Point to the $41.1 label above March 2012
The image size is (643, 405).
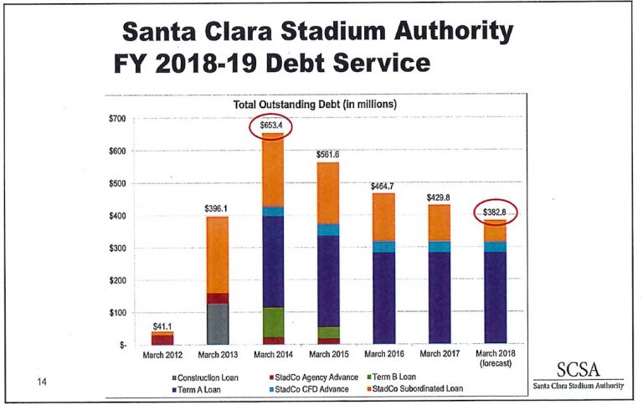tap(162, 325)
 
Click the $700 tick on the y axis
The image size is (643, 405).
tap(117, 119)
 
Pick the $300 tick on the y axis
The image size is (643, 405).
tap(117, 249)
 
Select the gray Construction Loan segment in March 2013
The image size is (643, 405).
tap(218, 323)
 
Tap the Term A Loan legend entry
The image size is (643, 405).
tap(200, 388)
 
